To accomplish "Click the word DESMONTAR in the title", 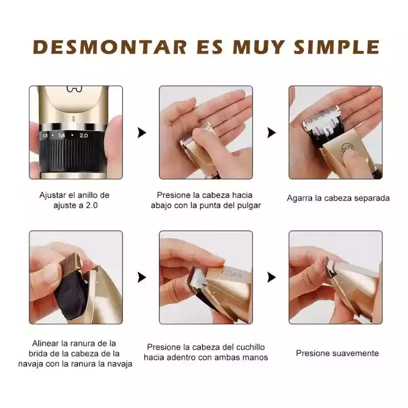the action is [110, 47].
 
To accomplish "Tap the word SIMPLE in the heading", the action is [337, 47].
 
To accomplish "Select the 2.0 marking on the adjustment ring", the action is [84, 136].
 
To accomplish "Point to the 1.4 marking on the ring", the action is [62, 135].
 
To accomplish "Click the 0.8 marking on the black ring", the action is [45, 135].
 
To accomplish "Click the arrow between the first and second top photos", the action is [142, 133].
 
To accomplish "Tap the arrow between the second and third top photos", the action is [271, 133].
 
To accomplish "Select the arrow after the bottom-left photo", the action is [142, 277].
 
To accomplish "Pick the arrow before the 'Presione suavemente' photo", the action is [271, 277].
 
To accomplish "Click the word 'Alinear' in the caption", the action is [45, 343].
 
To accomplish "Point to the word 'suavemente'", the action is [354, 353].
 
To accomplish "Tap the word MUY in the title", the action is [259, 47].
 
